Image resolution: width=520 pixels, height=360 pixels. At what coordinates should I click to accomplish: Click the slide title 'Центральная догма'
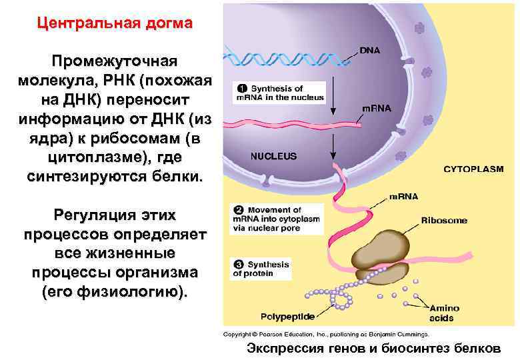115,23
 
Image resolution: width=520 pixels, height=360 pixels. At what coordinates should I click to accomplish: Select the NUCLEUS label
273,157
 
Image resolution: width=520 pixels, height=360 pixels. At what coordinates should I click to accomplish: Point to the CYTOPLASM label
473,169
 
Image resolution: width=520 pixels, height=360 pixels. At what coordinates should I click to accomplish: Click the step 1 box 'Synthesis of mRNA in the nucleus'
278,93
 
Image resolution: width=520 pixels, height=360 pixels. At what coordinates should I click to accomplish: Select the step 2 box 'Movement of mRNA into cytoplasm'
276,219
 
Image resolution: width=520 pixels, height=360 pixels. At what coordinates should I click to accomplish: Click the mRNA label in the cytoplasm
404,197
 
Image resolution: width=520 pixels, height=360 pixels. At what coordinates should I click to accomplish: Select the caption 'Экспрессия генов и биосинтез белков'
373,348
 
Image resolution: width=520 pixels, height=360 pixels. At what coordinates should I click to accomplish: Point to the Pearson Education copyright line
326,334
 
